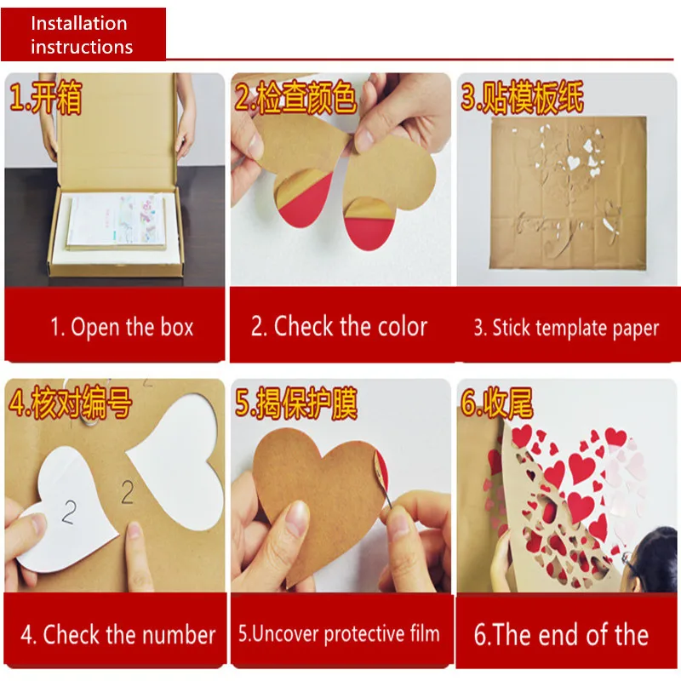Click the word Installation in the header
pyautogui.click(x=79, y=24)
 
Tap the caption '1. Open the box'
pyautogui.click(x=122, y=327)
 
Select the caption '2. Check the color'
pyautogui.click(x=339, y=326)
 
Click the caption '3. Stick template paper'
pyautogui.click(x=566, y=328)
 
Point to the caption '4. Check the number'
pyautogui.click(x=118, y=634)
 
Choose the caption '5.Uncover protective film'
pyautogui.click(x=339, y=633)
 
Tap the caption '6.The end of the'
pyautogui.click(x=561, y=634)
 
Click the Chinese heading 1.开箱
pyautogui.click(x=46, y=97)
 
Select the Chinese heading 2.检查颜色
pyautogui.click(x=295, y=97)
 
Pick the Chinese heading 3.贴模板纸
pyautogui.click(x=522, y=97)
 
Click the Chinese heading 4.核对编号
pyautogui.click(x=70, y=403)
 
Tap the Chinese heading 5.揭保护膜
pyautogui.click(x=296, y=403)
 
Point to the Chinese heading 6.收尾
pyautogui.click(x=497, y=403)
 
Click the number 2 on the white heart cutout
pyautogui.click(x=69, y=512)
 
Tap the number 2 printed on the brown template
pyautogui.click(x=127, y=492)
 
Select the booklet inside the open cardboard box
pyautogui.click(x=117, y=220)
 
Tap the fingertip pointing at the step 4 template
pyautogui.click(x=134, y=530)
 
